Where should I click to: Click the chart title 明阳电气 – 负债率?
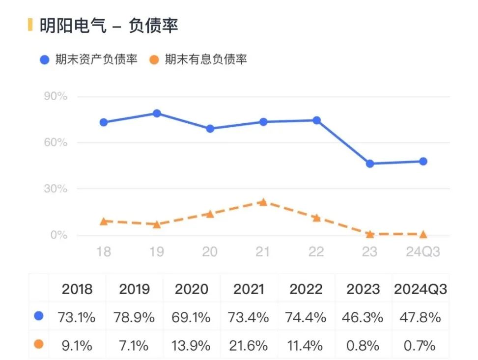pos(109,25)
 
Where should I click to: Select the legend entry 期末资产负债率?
pos(89,60)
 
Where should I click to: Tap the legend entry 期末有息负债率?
pos(198,60)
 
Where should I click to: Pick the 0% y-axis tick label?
pos(57,235)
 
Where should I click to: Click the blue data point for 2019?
pos(157,113)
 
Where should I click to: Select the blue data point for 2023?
pos(369,164)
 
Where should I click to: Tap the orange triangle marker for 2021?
pos(263,202)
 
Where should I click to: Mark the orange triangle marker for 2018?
pos(104,221)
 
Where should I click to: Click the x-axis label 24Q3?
pos(422,252)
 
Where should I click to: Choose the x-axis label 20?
pos(210,252)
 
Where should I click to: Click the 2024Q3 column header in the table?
pos(421,289)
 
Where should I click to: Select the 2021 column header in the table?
pos(249,289)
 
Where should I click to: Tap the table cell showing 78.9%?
pos(134,317)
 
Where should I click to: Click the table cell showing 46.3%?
pos(363,317)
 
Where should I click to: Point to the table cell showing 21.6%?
pos(249,345)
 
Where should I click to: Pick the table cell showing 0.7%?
pos(421,345)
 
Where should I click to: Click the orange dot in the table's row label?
pos(39,344)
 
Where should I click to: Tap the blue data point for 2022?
pos(316,120)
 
